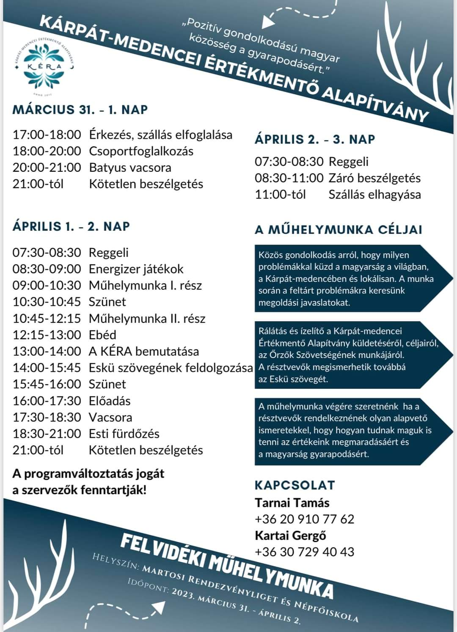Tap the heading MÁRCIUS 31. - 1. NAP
click(80, 110)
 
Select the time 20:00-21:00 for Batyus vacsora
click(47, 168)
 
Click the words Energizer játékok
click(136, 269)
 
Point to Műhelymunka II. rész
click(147, 319)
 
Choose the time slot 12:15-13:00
click(47, 335)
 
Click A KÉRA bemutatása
click(143, 352)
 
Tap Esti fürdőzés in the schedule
click(124, 434)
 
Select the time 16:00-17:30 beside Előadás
click(47, 401)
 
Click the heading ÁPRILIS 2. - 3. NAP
click(315, 139)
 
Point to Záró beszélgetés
click(374, 178)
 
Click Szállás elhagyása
click(374, 195)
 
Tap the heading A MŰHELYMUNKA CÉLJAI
click(339, 230)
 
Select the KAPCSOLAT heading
click(295, 485)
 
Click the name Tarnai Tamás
click(292, 503)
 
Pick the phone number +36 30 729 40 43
click(304, 552)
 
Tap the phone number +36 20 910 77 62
click(304, 519)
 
